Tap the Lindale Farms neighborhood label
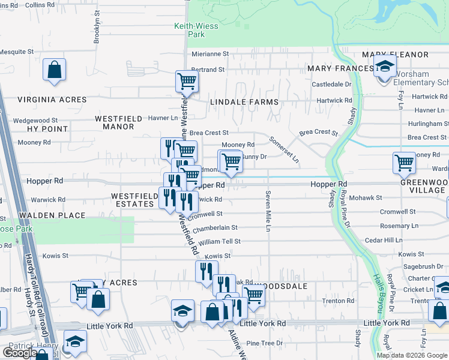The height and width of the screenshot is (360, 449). pos(244,102)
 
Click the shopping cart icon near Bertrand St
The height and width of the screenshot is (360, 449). pos(187,81)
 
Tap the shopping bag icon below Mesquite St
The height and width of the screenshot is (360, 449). pos(54,70)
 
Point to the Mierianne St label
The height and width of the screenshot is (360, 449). pos(210,53)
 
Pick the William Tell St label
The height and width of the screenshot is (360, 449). pos(219,241)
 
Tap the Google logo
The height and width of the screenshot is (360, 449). pos(19,353)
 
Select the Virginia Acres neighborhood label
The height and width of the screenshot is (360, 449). pos(45,100)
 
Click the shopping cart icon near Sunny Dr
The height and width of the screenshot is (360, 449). pos(230,161)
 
